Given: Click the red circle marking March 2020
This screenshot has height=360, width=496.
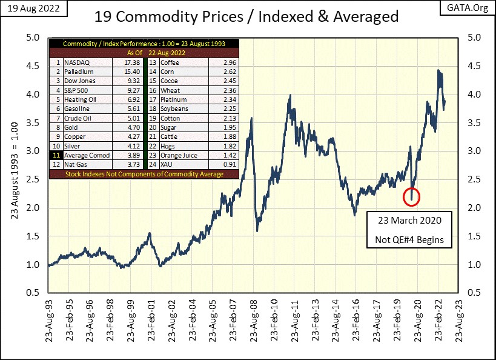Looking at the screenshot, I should point(411,196).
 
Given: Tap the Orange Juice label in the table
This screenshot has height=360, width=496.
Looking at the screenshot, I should point(181,155).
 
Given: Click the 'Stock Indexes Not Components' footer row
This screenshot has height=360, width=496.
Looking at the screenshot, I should point(144,175).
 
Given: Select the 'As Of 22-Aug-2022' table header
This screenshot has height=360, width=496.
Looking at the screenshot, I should point(144,53).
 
